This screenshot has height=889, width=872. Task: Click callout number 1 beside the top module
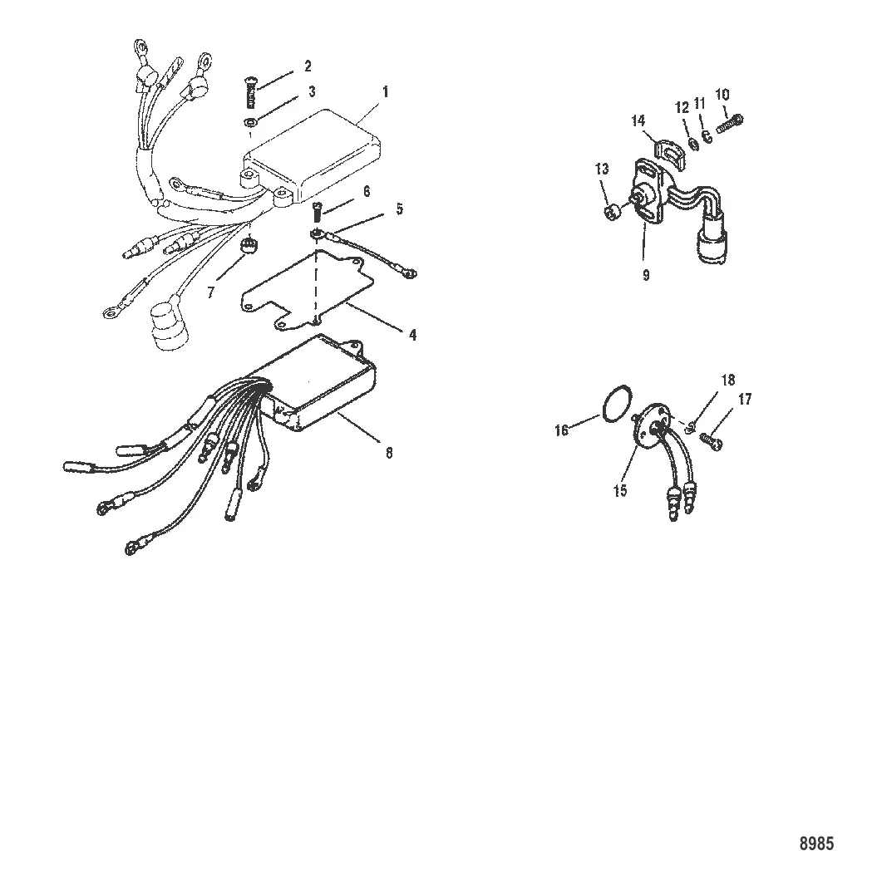(x=385, y=92)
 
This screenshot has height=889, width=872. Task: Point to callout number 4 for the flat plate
(x=412, y=335)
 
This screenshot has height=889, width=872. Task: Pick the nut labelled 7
(x=247, y=245)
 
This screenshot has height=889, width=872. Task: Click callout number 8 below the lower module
(x=389, y=453)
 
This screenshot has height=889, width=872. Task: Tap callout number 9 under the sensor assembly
(x=646, y=275)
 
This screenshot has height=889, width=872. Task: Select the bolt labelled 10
(x=731, y=123)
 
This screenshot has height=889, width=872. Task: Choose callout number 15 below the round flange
(x=621, y=490)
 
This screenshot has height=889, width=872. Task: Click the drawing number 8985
(x=817, y=843)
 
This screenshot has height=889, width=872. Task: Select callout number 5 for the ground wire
(x=399, y=209)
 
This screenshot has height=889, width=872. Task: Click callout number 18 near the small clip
(x=728, y=380)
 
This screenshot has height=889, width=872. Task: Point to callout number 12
(x=682, y=107)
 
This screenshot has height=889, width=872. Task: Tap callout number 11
(x=700, y=104)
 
